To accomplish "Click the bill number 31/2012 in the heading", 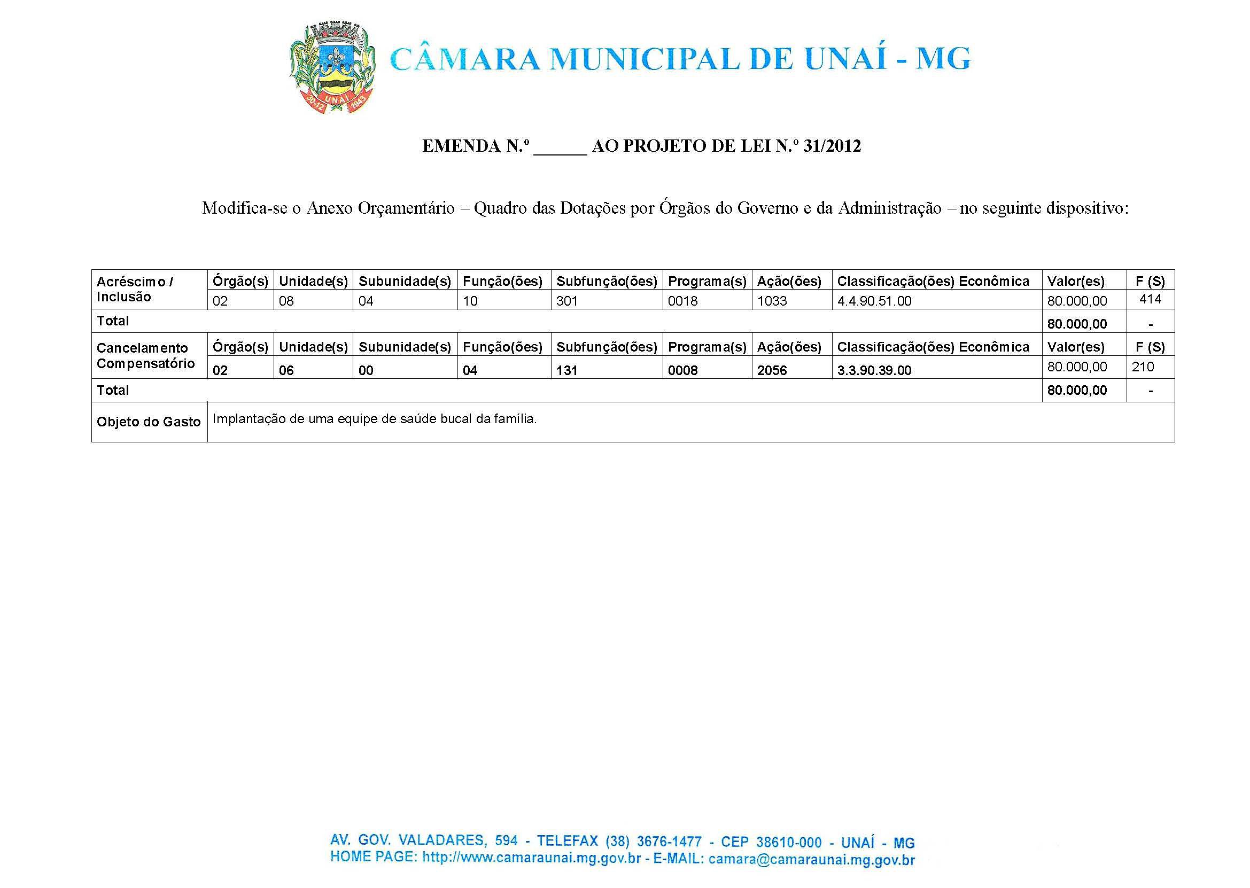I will click(832, 146).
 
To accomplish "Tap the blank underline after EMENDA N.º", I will click(560, 147).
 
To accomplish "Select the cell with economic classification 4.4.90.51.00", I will click(874, 301).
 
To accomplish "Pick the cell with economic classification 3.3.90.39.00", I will click(874, 370).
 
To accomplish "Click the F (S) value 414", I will click(1150, 299).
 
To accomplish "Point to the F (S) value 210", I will click(1143, 367).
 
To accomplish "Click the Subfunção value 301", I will click(566, 301).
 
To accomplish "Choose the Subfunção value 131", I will click(566, 370).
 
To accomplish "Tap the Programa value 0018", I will click(682, 301).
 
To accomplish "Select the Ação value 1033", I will click(772, 301).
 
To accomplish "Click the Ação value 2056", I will click(772, 370).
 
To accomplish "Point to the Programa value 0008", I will click(682, 370).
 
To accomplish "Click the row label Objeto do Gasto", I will click(149, 422).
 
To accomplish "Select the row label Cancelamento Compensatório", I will click(145, 355).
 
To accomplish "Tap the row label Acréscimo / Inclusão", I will click(135, 289).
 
